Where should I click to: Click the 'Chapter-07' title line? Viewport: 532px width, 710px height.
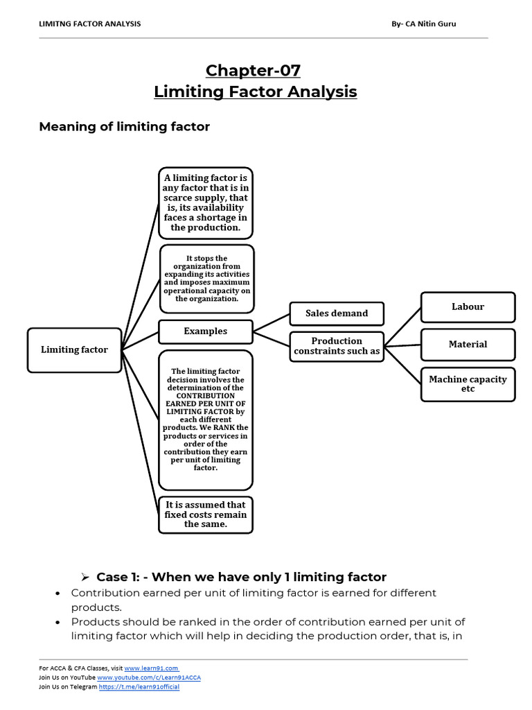point(253,71)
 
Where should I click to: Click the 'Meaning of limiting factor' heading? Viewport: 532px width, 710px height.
point(124,126)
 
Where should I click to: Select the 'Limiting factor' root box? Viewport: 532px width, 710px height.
point(74,349)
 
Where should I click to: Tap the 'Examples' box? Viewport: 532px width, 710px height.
point(205,331)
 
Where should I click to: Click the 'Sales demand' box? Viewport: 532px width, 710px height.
point(337,313)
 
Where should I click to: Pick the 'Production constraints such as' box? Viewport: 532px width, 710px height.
point(337,346)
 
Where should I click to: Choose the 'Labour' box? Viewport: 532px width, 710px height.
point(468,307)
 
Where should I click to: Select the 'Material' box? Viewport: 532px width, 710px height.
point(468,345)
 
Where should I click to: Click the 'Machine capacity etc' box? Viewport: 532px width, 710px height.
point(468,383)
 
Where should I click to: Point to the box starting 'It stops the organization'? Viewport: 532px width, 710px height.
point(206,279)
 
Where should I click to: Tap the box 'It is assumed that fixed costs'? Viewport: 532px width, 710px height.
point(205,514)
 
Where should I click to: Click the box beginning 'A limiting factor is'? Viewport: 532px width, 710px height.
point(205,202)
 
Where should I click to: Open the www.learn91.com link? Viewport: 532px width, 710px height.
point(151,668)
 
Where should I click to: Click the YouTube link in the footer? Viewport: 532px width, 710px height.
point(149,677)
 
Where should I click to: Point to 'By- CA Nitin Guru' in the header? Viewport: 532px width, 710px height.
point(423,24)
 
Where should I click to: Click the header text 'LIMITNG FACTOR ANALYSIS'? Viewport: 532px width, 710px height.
point(90,24)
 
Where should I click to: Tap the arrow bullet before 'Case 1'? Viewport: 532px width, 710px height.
point(86,578)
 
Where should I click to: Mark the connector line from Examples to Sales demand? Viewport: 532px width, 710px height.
point(271,323)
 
